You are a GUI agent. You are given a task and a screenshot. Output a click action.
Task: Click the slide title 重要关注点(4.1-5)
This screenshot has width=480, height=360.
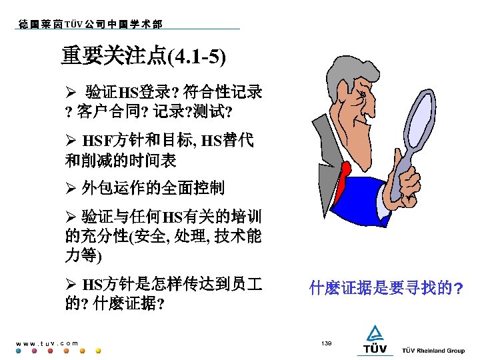pos(143,56)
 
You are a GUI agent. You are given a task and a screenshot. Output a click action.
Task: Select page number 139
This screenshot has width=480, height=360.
pos(326,343)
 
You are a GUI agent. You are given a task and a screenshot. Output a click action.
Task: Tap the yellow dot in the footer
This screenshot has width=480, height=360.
pos(98,351)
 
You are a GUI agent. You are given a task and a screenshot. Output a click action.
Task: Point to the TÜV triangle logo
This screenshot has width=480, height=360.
pos(375,333)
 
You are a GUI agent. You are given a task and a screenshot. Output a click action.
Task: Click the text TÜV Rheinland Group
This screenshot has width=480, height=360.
pos(433,351)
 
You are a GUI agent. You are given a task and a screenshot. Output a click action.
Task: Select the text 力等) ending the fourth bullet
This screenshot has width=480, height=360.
pos(83,255)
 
